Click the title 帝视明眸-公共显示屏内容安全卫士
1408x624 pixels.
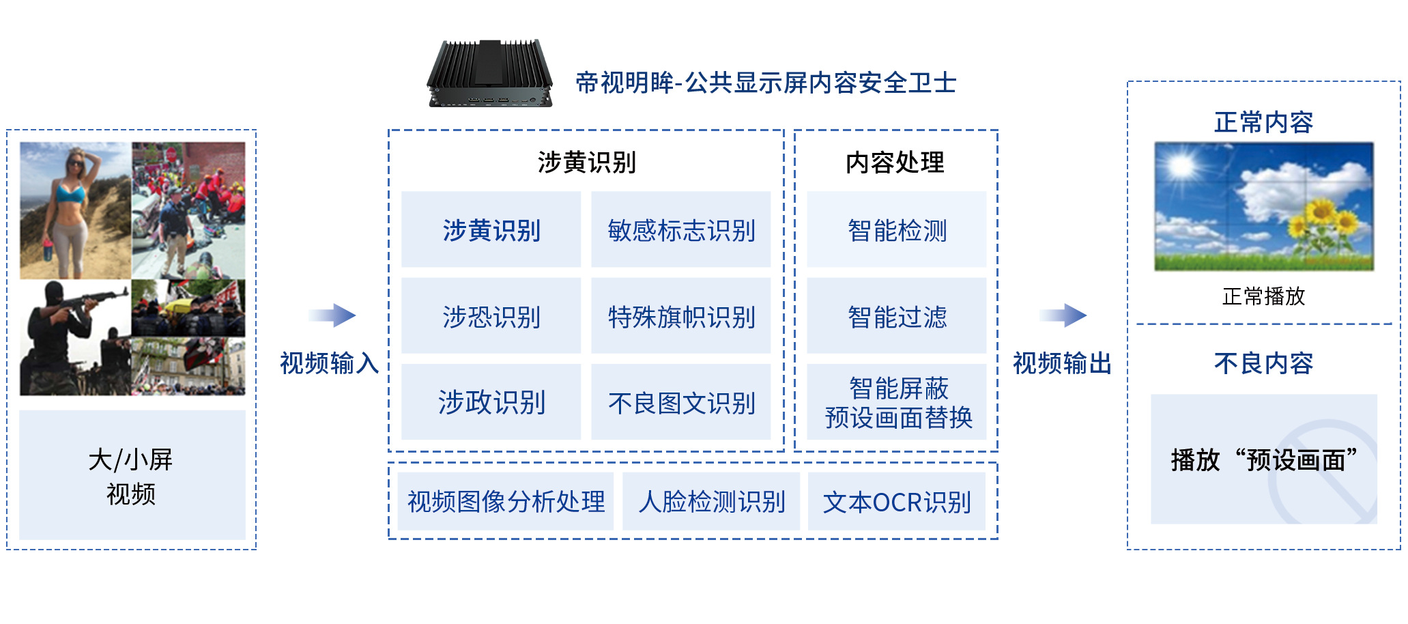point(765,83)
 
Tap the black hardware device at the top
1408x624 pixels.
point(489,72)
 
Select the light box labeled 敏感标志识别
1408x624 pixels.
point(680,230)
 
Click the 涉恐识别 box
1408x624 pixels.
point(491,316)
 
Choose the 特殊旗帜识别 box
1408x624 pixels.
point(680,316)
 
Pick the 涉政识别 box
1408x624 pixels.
point(491,402)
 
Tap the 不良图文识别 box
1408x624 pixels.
point(680,402)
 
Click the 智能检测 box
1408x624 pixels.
point(896,230)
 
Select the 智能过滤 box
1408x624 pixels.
point(896,316)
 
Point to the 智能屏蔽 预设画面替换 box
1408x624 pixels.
point(896,402)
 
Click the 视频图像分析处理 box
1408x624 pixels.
point(505,501)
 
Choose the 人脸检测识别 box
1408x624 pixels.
point(711,501)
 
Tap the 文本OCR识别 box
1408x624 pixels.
point(896,501)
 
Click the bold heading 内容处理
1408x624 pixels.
point(895,162)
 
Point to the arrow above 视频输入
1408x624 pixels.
point(332,315)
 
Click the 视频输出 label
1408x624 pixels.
point(1061,363)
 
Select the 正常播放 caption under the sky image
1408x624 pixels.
point(1263,296)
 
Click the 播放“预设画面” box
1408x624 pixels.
point(1263,459)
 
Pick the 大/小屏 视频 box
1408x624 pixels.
point(132,475)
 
